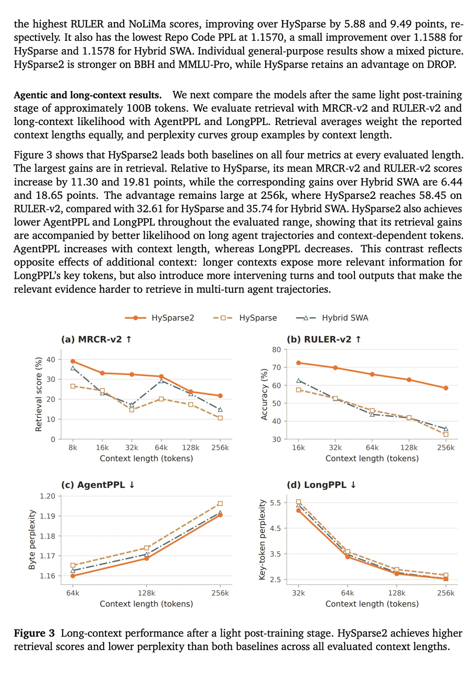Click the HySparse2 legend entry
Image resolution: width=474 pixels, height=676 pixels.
(x=159, y=318)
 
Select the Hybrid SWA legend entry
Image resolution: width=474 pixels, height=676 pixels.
(x=332, y=318)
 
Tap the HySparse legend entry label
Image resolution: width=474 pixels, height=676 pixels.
(x=258, y=318)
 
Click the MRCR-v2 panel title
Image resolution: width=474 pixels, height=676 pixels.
(x=96, y=339)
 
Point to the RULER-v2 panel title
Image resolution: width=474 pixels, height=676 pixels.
(x=324, y=339)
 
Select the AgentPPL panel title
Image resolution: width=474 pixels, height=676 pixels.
(x=98, y=485)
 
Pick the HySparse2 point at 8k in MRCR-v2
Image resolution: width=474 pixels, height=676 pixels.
(x=73, y=361)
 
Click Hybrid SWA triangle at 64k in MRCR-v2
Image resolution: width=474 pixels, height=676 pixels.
(x=161, y=381)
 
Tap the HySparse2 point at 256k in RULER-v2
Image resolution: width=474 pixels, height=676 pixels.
(x=445, y=388)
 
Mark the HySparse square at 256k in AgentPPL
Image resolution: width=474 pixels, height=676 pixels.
(x=220, y=503)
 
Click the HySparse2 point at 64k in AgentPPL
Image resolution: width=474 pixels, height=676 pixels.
(x=73, y=576)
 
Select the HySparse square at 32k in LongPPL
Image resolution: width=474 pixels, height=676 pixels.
(x=298, y=502)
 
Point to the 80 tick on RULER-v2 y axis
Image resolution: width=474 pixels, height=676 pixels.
(x=276, y=349)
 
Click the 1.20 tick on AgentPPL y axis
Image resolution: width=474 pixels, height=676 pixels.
(x=47, y=496)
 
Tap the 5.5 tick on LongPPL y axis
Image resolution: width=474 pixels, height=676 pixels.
(x=275, y=503)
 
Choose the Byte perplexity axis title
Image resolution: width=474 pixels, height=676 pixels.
(x=32, y=540)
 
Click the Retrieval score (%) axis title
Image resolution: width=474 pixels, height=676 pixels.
(x=38, y=394)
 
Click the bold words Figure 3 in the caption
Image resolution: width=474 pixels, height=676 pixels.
(x=34, y=633)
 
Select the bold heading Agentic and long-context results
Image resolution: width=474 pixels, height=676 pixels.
(x=87, y=95)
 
